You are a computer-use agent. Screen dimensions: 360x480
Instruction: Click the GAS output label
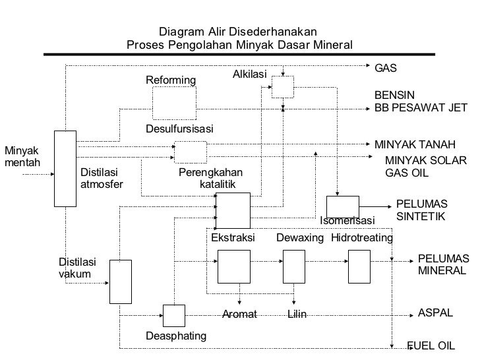point(386,69)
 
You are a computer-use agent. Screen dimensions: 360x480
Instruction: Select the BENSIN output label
point(394,96)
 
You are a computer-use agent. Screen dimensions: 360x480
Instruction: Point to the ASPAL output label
point(435,313)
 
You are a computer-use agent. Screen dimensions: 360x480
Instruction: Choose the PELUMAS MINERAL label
point(442,264)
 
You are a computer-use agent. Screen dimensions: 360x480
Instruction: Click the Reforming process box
point(174,103)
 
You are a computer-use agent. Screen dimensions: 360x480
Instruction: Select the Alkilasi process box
point(283,86)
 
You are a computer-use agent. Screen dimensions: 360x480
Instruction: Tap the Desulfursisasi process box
point(191,152)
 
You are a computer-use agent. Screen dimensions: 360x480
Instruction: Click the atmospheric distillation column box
point(65,168)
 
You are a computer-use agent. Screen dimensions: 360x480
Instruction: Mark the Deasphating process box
point(174,316)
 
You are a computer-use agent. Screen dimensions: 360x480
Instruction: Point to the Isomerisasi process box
point(343,206)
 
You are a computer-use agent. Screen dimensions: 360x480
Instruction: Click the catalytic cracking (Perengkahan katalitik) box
point(233,210)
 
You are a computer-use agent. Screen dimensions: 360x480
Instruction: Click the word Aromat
point(239,315)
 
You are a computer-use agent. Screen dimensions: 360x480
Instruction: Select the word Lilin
point(297,315)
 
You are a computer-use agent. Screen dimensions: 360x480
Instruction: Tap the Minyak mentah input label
point(22,156)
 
